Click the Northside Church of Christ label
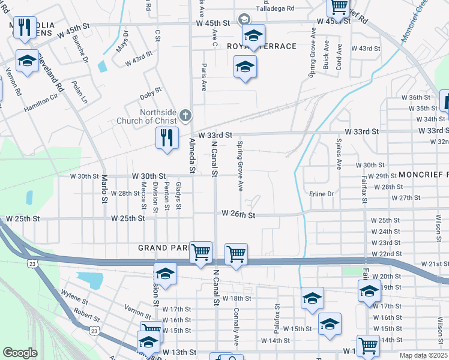158,116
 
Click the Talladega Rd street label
275,9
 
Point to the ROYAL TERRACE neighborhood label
262,46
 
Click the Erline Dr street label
321,194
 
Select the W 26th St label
238,214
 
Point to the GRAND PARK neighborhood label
163,247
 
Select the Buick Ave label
326,55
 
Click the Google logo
20,353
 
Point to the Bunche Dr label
80,51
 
